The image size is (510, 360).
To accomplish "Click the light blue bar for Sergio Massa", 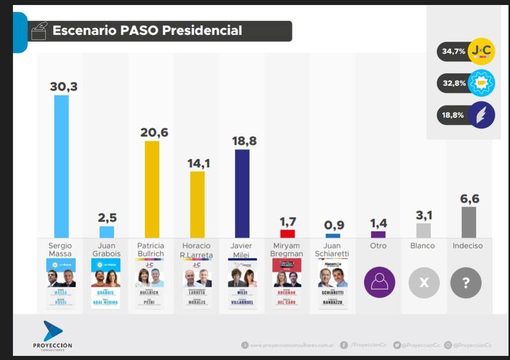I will [61, 166].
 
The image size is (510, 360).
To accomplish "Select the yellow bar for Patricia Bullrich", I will [152, 189].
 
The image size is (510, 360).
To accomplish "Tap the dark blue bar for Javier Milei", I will [242, 194].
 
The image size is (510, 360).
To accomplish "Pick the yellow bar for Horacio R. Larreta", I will [198, 204].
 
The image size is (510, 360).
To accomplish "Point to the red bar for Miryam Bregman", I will [288, 234].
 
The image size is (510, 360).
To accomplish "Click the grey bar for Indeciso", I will [469, 222].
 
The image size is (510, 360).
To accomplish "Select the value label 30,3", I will [63, 87].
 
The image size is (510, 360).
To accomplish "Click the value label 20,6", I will [154, 133].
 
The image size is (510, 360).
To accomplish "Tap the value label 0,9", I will [333, 225].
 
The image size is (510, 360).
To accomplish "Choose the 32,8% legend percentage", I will [452, 83].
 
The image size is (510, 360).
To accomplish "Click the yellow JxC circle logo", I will [481, 51].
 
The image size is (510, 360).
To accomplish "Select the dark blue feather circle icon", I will [481, 115].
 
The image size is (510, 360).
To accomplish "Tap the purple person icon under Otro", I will [379, 282].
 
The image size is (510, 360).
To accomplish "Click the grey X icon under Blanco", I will [424, 282].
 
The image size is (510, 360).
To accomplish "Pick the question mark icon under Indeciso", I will [466, 282].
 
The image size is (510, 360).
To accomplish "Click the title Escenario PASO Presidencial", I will [147, 31].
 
